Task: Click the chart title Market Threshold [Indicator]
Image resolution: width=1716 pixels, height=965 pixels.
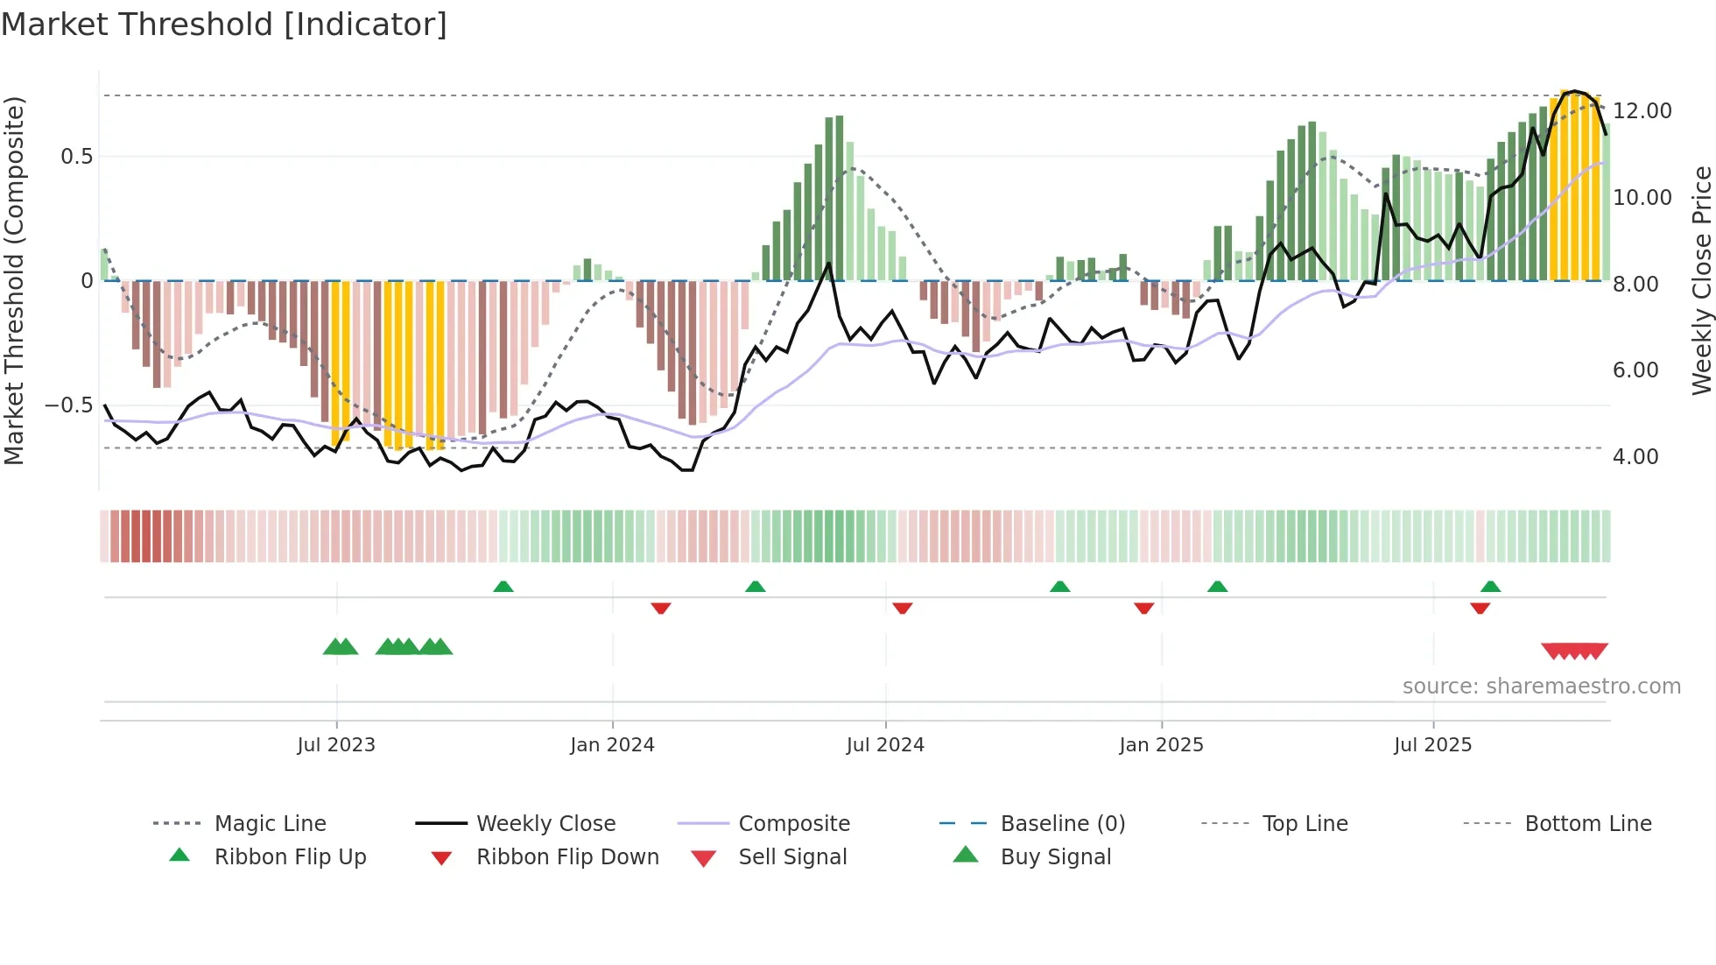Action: [224, 25]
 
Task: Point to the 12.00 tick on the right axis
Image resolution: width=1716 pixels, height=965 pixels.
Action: [1642, 111]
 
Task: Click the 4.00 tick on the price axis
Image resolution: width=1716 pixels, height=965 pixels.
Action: [1635, 457]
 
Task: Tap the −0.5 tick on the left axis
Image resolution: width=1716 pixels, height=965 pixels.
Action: [68, 405]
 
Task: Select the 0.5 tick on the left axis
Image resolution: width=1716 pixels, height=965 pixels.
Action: [76, 157]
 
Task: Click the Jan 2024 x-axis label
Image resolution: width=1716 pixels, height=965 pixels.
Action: [612, 745]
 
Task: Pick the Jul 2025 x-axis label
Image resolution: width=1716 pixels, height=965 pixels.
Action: [1432, 745]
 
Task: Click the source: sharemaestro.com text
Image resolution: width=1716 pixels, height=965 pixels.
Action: [1541, 687]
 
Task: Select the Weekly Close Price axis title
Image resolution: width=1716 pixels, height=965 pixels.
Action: [1701, 280]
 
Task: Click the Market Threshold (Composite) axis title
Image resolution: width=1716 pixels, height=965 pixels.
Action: [14, 280]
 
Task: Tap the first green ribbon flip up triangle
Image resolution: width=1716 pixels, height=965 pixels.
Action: [503, 587]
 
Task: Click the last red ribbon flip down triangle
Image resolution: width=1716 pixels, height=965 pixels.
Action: [1480, 608]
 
